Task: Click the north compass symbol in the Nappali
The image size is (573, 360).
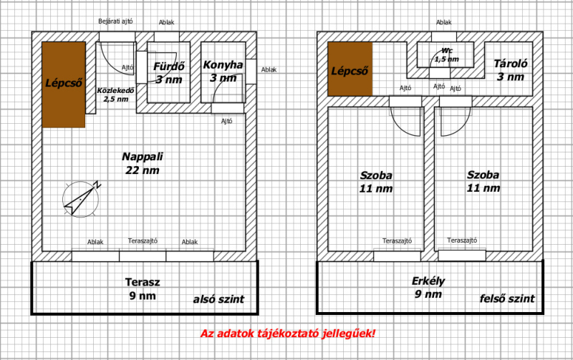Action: (x=81, y=199)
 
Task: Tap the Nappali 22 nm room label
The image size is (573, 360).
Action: (x=143, y=163)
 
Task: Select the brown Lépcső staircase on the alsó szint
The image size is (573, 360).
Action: (x=64, y=84)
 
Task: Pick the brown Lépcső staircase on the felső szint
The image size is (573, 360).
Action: (x=350, y=69)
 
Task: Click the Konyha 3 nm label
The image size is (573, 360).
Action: (x=223, y=71)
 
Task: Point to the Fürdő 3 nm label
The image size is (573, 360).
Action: (x=169, y=73)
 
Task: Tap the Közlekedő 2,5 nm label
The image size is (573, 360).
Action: (x=116, y=94)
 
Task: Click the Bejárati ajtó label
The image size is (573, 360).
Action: (x=115, y=21)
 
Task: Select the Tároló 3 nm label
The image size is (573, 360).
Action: (x=511, y=70)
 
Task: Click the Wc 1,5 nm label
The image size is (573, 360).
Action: (x=446, y=55)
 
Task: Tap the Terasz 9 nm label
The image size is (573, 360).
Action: (x=143, y=289)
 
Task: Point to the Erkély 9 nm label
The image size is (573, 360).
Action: (x=428, y=287)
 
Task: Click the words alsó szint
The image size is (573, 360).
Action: (x=218, y=299)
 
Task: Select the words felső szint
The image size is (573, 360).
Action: (x=507, y=298)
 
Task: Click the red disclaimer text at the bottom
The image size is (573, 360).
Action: (x=288, y=334)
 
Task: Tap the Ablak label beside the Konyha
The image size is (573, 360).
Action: (x=269, y=69)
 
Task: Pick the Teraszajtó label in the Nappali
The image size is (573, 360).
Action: (x=143, y=241)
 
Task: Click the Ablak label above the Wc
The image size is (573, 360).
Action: (x=443, y=22)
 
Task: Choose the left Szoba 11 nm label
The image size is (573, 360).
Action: (x=376, y=182)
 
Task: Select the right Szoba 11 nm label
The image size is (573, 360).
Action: (x=483, y=181)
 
